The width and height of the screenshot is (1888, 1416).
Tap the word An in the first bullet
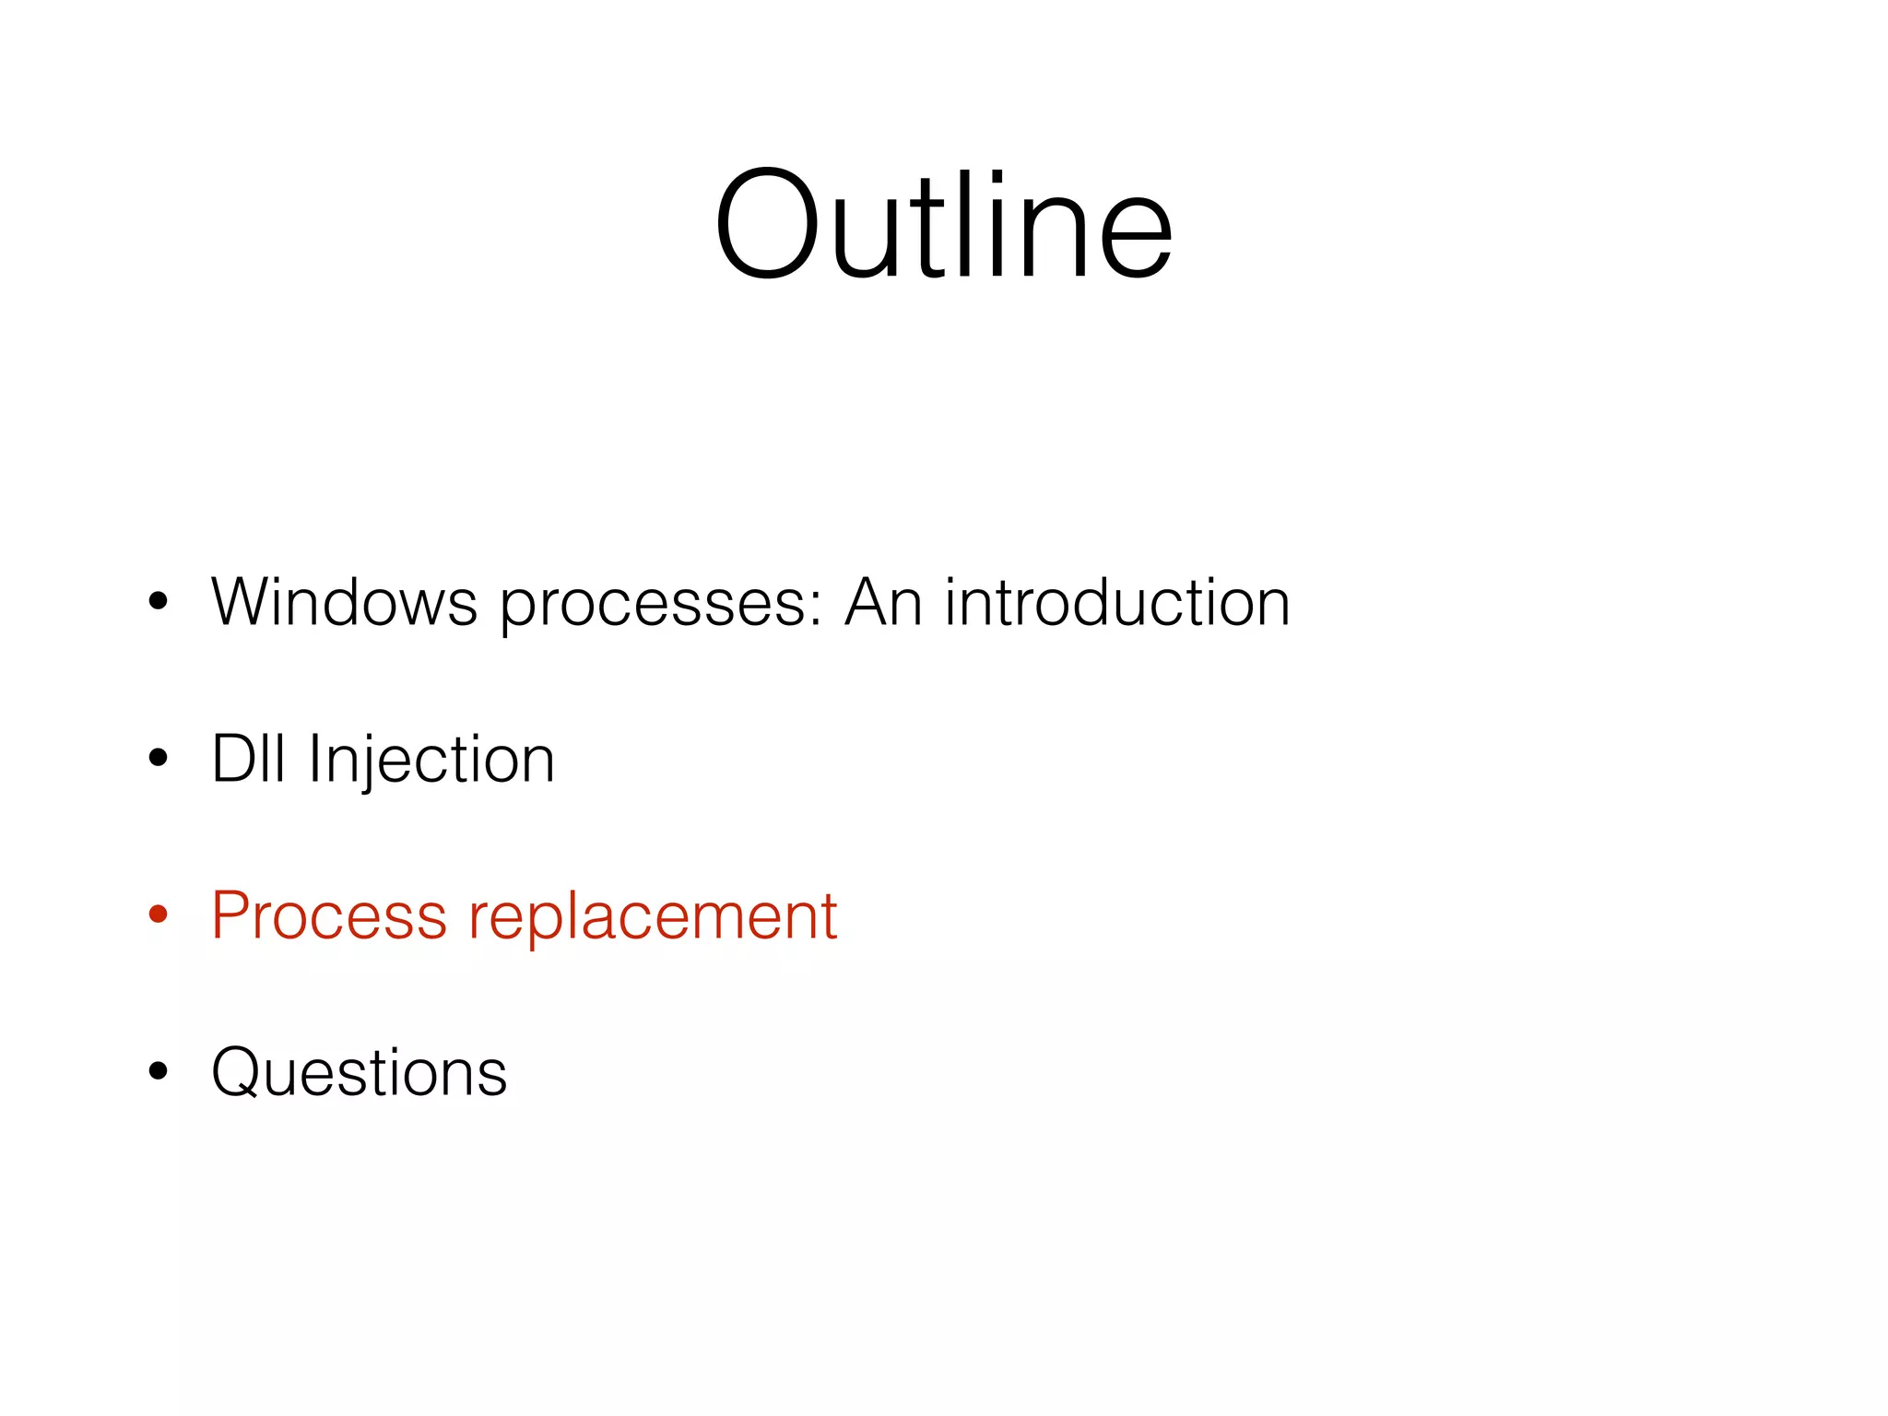tap(883, 603)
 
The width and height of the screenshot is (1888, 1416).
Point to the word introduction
tap(1117, 603)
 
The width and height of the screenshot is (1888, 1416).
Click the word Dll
tap(248, 760)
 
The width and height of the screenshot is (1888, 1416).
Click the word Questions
tap(360, 1073)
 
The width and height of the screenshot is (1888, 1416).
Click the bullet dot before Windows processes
tap(159, 602)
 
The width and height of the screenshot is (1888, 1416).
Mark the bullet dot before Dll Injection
tap(159, 759)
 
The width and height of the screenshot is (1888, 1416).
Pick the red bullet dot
tap(159, 914)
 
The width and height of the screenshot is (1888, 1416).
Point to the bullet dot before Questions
tap(159, 1071)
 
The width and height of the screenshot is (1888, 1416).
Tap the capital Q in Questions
tap(240, 1073)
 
